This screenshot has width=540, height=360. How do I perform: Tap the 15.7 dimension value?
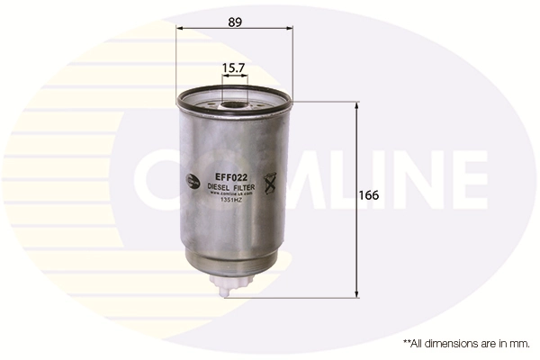233,67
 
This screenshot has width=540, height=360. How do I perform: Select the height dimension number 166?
369,195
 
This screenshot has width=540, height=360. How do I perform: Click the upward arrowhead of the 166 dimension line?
358,104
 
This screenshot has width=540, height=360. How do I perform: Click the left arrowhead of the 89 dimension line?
180,28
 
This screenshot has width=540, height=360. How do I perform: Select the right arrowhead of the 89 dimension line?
290,28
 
